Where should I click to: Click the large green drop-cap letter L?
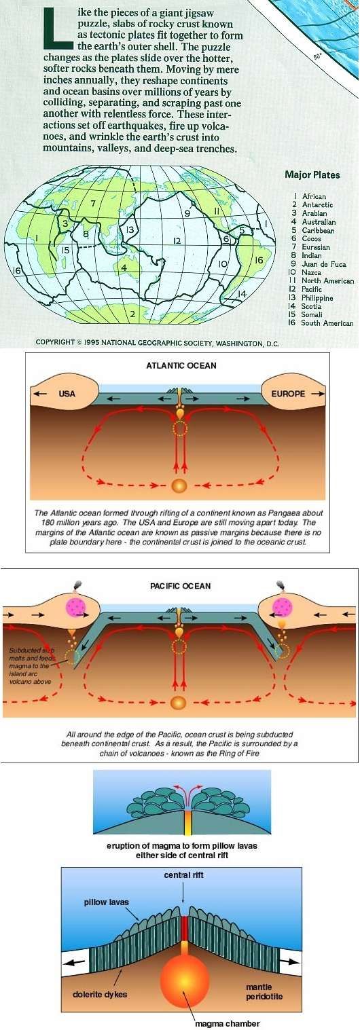coord(58,29)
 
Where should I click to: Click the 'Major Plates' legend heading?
coord(312,174)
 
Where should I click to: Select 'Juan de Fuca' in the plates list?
coord(324,264)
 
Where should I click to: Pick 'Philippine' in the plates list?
coord(317,298)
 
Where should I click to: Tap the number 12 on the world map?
coord(177,240)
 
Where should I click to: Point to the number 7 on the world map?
coord(93,203)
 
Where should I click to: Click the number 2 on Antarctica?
coord(132,314)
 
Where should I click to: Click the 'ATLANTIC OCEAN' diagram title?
coord(181,365)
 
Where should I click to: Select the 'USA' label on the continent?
coord(67,394)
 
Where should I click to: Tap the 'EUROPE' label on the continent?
coord(288,394)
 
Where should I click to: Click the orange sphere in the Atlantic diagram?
coord(179,485)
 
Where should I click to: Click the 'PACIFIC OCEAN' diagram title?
coord(181,586)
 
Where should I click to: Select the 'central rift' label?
coord(183,875)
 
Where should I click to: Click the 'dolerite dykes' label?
coord(100,994)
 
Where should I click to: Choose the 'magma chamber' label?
coord(227,1024)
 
